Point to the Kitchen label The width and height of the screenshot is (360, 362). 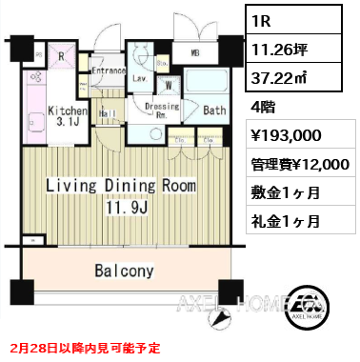tap(67, 111)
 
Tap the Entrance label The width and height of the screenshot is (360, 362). tap(110, 70)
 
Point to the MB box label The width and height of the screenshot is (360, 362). tap(194, 52)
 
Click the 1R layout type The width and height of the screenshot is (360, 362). tap(267, 18)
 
